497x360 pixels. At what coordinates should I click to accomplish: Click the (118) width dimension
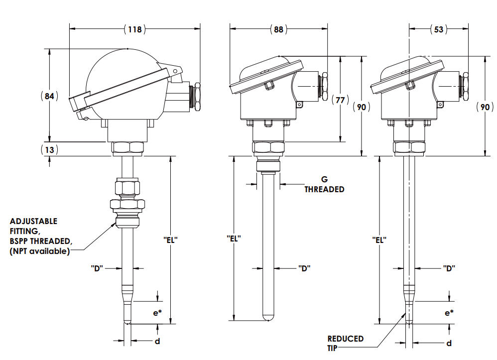pos(134,29)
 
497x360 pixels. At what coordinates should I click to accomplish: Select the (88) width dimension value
pos(278,29)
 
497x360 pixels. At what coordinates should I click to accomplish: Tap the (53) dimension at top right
pos(438,29)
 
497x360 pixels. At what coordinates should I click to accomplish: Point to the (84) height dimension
pos(49,96)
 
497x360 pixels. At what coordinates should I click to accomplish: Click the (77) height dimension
pos(340,100)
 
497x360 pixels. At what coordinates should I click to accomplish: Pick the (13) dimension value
pos(49,149)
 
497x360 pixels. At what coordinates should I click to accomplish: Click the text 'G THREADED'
pos(324,185)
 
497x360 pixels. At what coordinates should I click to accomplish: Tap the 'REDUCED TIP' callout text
pos(345,343)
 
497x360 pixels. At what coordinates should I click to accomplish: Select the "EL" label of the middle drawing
pos(234,239)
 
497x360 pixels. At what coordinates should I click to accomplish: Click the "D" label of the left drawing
pos(97,268)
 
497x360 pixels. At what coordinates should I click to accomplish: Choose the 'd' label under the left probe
pos(157,341)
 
